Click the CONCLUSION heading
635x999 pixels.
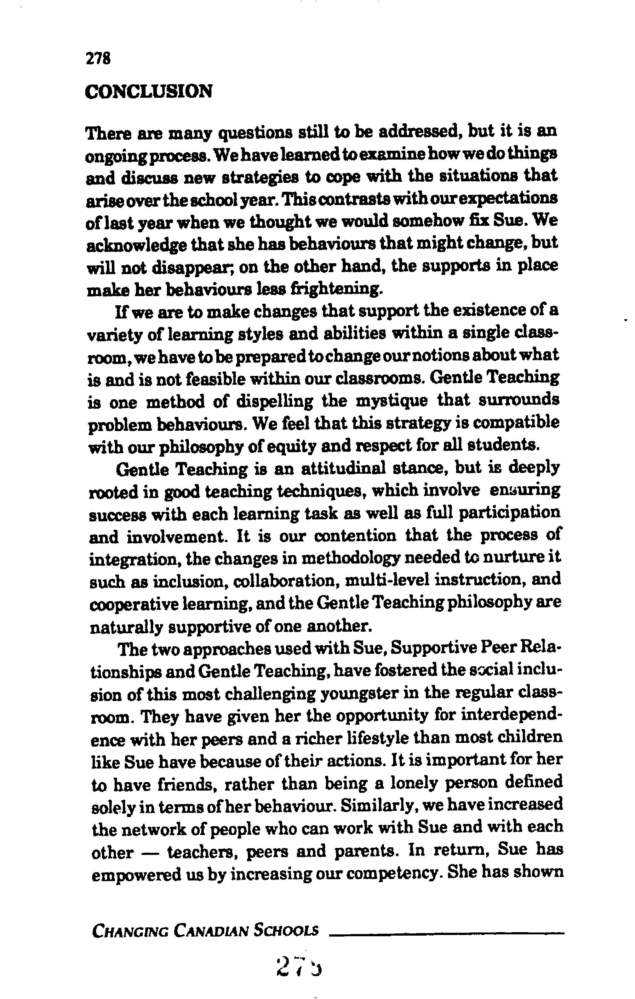[149, 91]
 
